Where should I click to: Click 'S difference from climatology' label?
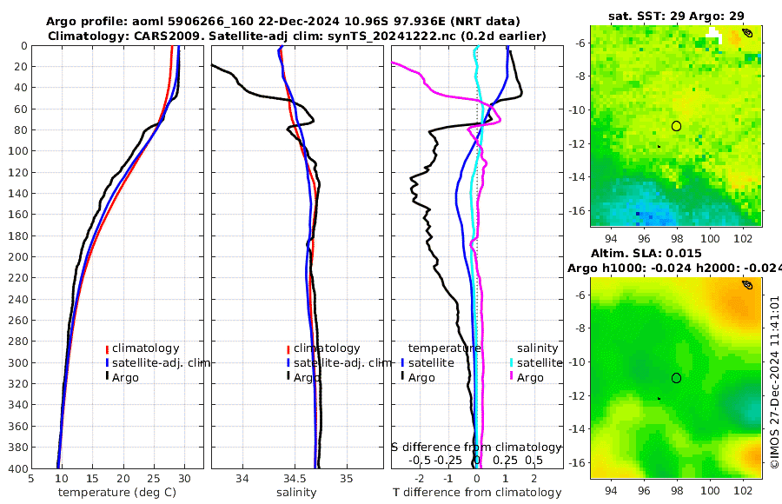[x=476, y=447]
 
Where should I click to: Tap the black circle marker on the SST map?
[x=676, y=126]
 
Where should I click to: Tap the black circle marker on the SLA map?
[x=676, y=378]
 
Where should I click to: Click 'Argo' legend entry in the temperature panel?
[x=125, y=377]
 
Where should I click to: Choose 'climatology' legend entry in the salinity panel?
[x=326, y=348]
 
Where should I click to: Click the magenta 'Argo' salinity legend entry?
[x=530, y=377]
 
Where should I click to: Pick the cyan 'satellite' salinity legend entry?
[x=542, y=362]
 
